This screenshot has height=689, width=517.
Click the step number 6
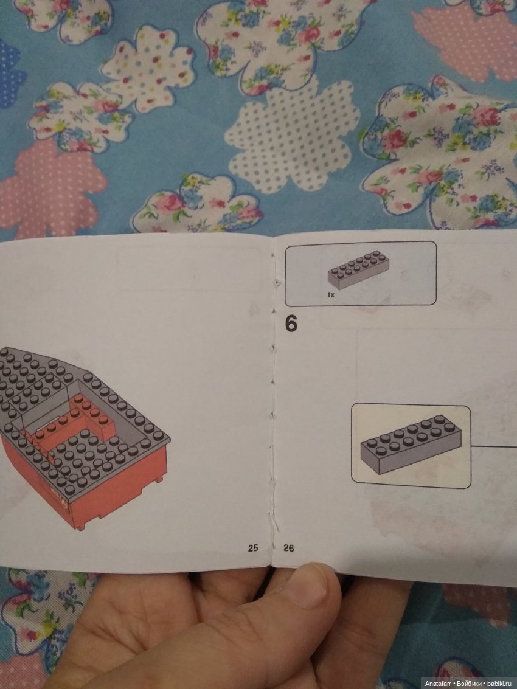(291, 324)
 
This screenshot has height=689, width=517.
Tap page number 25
(253, 548)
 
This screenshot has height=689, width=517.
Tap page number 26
(289, 548)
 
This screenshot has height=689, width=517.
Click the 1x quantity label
(331, 295)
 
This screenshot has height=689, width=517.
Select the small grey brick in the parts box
(359, 269)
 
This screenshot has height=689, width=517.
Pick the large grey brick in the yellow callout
(411, 444)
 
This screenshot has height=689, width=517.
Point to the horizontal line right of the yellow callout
(494, 446)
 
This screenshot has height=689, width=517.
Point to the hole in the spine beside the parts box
(277, 280)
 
